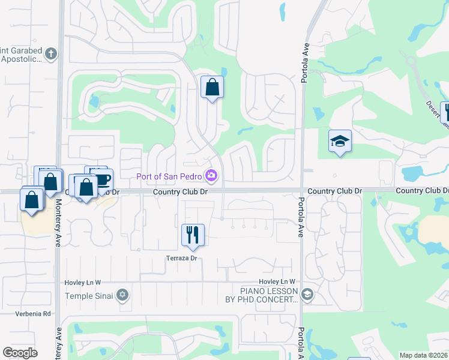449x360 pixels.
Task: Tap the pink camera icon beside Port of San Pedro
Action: [x=211, y=176]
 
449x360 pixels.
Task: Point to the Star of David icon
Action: [x=123, y=294]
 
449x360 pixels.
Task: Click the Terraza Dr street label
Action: [x=181, y=259]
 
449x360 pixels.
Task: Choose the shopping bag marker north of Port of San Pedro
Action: [x=212, y=87]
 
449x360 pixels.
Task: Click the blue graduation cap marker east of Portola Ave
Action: [x=340, y=141]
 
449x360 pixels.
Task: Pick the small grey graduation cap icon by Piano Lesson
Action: [x=307, y=294]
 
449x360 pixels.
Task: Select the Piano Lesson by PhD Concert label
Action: [x=261, y=295]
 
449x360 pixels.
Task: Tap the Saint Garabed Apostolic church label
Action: [x=20, y=55]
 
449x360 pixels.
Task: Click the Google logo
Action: [x=20, y=352]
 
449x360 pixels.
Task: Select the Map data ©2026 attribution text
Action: [x=424, y=355]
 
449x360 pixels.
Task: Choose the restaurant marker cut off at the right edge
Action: [x=446, y=112]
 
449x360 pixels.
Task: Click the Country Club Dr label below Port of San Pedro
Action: [x=180, y=191]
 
